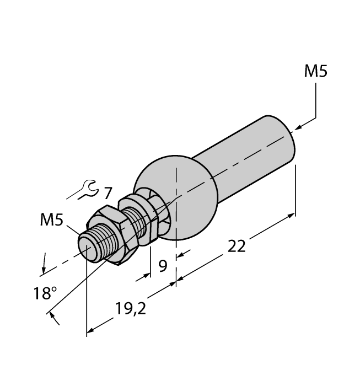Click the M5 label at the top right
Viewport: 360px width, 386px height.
pos(315,72)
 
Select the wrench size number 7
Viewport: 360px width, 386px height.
pos(107,194)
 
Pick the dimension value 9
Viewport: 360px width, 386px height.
pos(163,266)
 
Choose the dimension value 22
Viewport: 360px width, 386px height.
pos(237,246)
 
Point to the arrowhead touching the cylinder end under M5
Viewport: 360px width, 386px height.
pos(298,127)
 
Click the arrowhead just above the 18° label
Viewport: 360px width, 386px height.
pos(43,271)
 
